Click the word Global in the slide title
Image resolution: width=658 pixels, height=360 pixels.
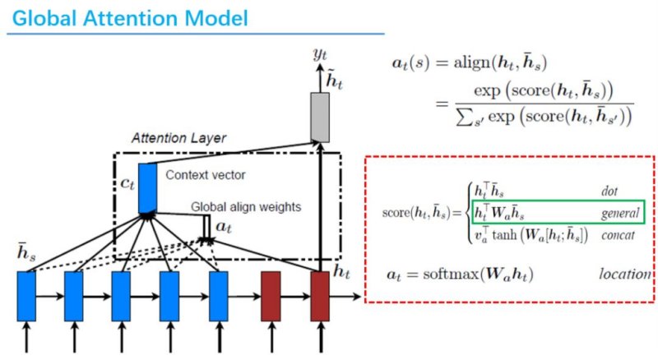point(44,18)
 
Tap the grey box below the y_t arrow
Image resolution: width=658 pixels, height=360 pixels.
point(320,118)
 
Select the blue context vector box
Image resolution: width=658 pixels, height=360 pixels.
point(147,188)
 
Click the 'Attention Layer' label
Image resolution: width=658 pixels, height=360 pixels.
point(178,138)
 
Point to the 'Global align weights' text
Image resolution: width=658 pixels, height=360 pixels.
point(246,207)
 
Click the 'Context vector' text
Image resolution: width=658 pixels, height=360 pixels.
point(205,175)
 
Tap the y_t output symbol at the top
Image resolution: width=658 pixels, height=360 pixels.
point(320,54)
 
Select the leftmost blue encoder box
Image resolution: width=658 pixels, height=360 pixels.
point(26,296)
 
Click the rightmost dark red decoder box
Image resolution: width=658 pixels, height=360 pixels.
point(320,296)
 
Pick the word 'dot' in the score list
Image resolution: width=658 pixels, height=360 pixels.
point(609,192)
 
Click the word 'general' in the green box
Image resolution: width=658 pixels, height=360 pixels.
point(620,214)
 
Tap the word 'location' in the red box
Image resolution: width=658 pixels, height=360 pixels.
point(625,274)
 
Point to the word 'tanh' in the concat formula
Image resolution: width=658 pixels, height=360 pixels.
point(505,234)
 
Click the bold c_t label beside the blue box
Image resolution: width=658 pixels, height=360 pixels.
point(127,184)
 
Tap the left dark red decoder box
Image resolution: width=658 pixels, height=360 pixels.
point(271,296)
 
